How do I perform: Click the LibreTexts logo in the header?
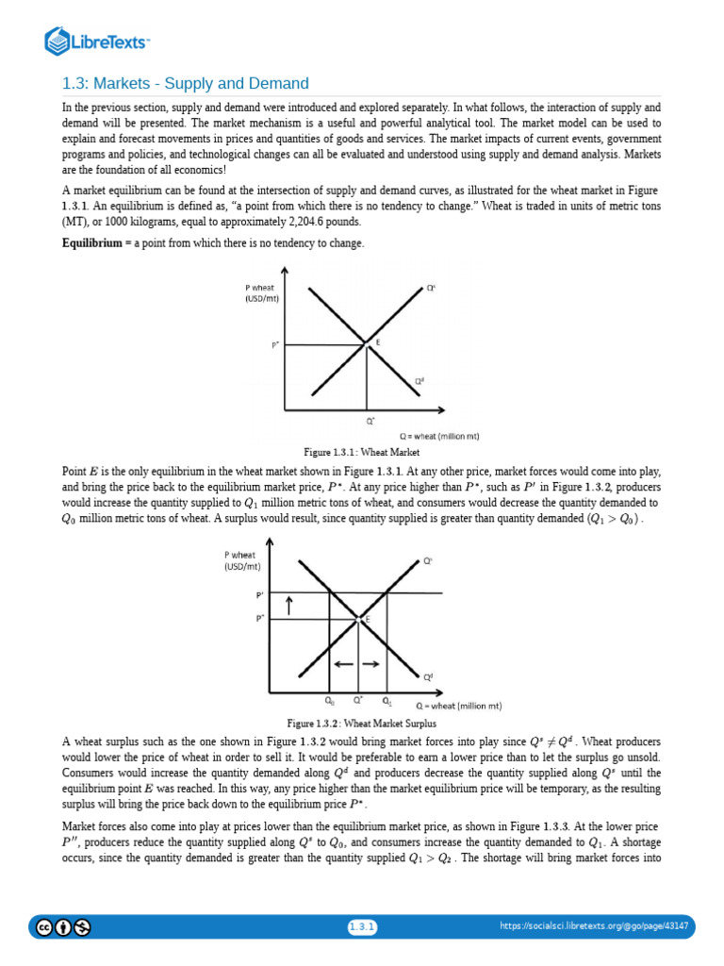98,41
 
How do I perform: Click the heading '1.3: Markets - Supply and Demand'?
185,84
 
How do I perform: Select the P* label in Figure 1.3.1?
275,344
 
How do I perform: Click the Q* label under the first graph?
370,421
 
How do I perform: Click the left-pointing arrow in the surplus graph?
343,664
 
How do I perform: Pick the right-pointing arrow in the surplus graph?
371,664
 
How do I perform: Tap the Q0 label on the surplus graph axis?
329,701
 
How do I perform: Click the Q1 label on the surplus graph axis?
387,701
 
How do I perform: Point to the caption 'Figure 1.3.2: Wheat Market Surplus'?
361,724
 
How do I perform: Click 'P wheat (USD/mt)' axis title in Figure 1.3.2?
241,560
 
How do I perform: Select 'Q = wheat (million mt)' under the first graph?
439,436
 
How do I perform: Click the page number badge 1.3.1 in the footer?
362,927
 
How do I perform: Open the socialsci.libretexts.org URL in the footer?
594,927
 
